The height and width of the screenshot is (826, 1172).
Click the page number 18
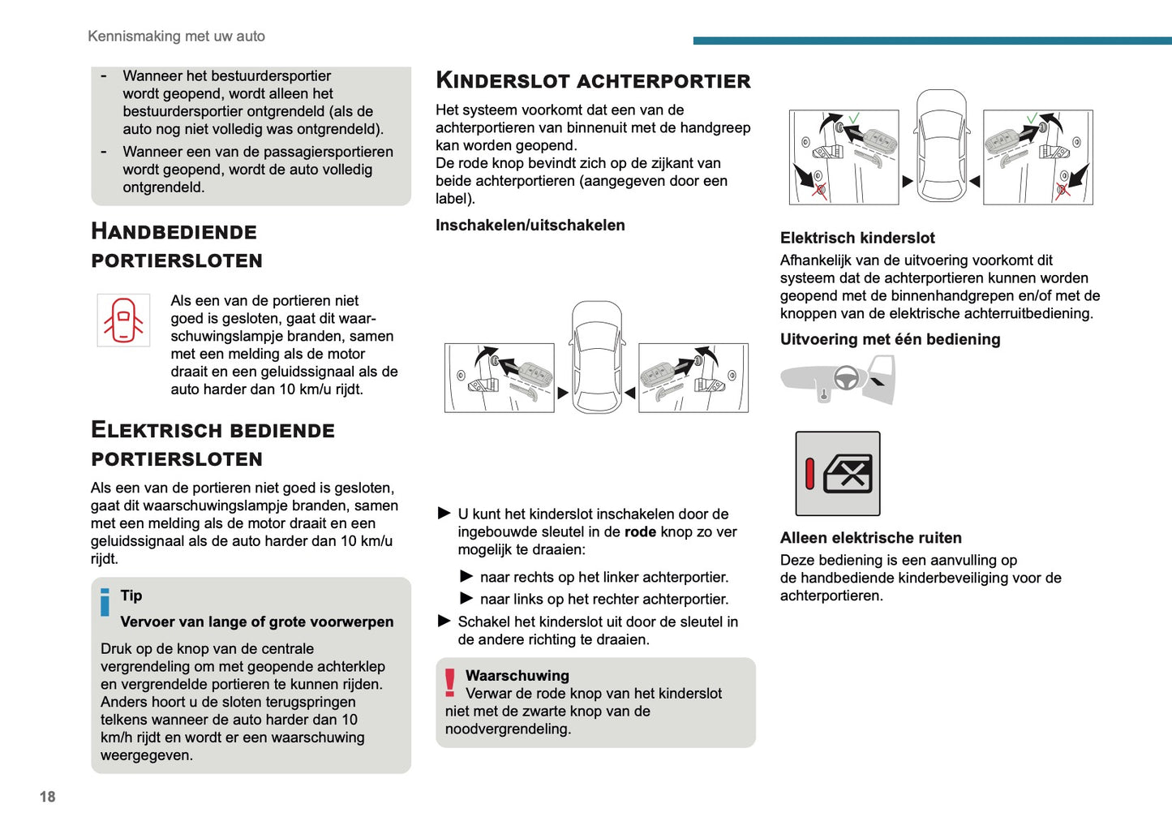[48, 797]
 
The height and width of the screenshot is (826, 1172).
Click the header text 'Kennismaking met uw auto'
[176, 37]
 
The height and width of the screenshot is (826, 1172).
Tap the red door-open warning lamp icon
[123, 321]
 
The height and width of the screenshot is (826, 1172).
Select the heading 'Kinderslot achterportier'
[593, 80]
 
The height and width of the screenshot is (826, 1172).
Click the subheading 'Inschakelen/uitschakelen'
[530, 226]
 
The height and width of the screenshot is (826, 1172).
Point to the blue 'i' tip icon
[105, 602]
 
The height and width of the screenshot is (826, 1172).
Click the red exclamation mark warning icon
[450, 682]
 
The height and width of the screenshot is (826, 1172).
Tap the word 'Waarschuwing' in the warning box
[517, 676]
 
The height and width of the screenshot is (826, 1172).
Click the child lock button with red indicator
[838, 474]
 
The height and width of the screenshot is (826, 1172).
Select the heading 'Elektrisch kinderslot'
[857, 238]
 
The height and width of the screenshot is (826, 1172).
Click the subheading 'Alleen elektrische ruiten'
[870, 538]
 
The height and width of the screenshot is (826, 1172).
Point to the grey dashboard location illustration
[837, 381]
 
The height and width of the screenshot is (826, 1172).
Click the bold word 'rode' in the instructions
[640, 532]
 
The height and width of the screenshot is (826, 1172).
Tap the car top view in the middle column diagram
[597, 357]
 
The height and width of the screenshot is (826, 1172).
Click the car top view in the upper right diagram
[941, 146]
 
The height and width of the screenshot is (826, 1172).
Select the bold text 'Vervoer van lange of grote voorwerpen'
[256, 622]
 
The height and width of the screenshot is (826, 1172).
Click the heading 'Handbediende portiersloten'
[176, 246]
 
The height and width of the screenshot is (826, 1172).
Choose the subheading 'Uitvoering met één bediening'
[890, 340]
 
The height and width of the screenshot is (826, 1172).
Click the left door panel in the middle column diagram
[500, 378]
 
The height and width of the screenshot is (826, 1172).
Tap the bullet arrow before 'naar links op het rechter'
[466, 599]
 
